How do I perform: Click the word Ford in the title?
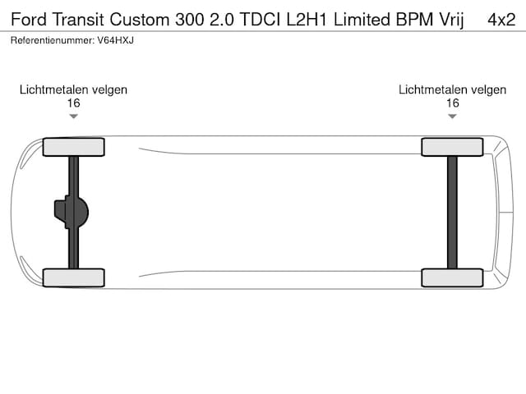(x=29, y=20)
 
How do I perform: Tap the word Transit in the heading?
(x=78, y=20)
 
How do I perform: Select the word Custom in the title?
(x=140, y=20)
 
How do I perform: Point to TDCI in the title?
(x=260, y=20)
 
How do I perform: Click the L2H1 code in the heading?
(x=307, y=20)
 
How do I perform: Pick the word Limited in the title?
(x=362, y=20)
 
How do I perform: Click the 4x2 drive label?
(x=501, y=20)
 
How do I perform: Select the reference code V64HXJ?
(x=115, y=40)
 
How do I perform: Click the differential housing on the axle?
(x=72, y=212)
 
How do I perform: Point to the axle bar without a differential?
(x=452, y=213)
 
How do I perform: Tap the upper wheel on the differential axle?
(x=73, y=147)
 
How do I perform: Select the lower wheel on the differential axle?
(x=73, y=277)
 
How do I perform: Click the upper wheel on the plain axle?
(x=452, y=147)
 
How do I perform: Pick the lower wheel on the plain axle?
(x=452, y=277)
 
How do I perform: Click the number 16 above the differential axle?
(x=73, y=103)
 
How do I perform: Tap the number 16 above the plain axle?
(x=453, y=103)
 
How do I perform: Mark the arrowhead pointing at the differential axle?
(x=73, y=117)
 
